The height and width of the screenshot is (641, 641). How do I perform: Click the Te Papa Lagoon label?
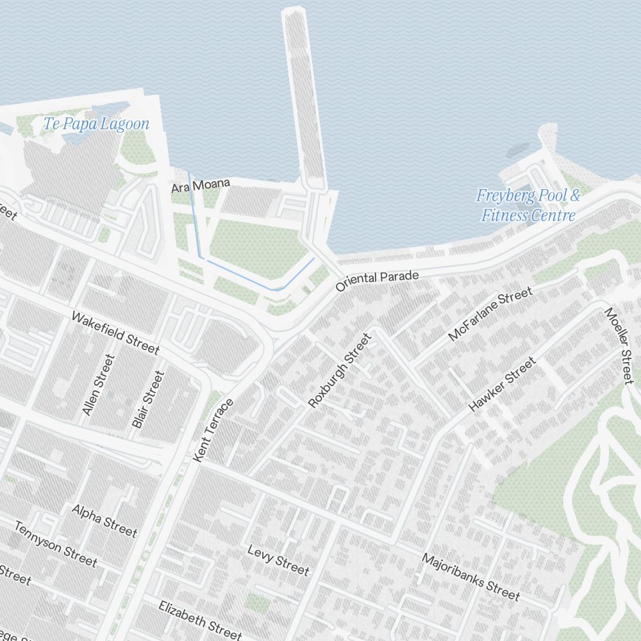(96, 124)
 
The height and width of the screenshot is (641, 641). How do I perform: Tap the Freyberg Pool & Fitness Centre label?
(528, 205)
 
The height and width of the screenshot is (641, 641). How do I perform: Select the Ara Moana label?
(200, 186)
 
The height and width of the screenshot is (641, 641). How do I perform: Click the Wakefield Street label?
(115, 333)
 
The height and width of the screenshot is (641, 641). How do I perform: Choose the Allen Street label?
(98, 385)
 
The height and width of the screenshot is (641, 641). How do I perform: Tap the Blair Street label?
(148, 399)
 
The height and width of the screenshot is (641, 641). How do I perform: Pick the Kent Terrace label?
(213, 429)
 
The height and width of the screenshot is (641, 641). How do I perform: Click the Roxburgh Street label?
(340, 370)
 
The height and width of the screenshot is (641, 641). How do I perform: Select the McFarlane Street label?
(490, 313)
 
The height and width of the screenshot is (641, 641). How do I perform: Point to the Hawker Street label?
(502, 385)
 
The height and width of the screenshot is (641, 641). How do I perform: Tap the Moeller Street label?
(619, 346)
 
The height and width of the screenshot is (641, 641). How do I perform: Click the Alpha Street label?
(104, 520)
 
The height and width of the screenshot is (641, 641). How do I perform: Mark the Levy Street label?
(278, 560)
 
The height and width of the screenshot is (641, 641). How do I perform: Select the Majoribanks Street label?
(470, 577)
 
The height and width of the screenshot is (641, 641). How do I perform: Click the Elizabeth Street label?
(200, 619)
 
